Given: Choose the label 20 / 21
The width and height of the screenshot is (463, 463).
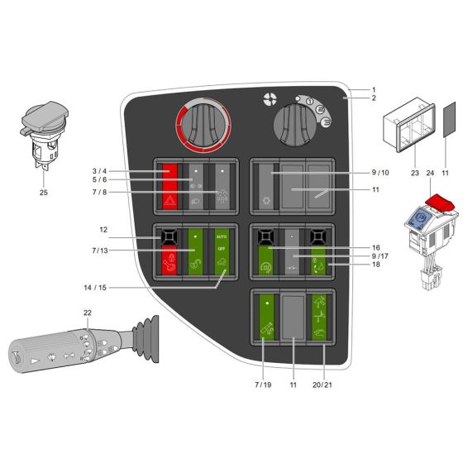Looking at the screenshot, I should click(324, 384).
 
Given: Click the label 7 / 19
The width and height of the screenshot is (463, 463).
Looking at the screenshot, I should click(262, 384).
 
